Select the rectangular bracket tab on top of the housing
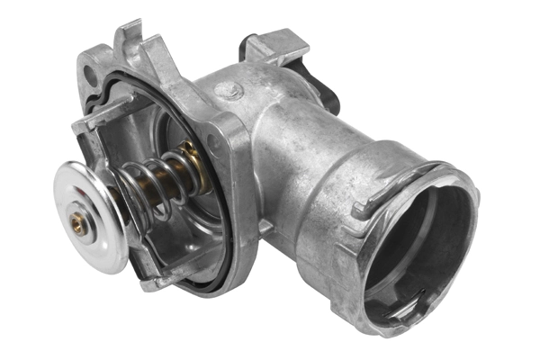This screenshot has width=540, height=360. pos(274,45)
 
